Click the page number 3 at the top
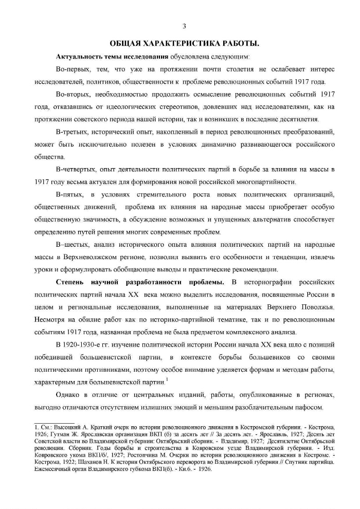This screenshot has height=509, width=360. point(184,27)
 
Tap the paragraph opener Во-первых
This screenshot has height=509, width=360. point(73,69)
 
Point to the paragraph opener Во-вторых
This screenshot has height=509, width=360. point(73,96)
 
